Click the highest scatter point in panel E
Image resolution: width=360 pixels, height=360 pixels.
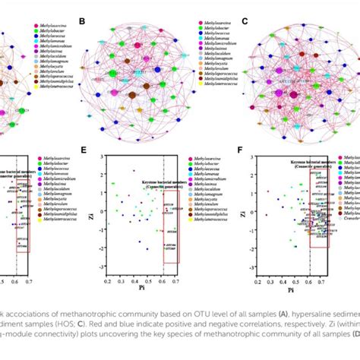click(134, 171)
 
